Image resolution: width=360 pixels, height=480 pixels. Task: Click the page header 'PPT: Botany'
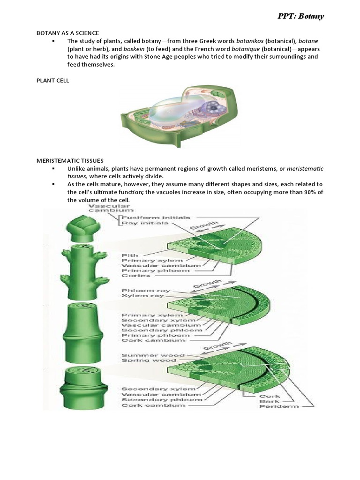click(300, 17)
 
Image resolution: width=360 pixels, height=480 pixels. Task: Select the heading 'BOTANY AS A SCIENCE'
click(68, 33)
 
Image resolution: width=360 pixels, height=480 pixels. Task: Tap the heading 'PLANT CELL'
click(53, 81)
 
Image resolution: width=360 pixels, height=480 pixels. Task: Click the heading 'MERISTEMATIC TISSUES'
click(70, 160)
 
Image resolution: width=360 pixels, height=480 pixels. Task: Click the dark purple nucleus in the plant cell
click(214, 108)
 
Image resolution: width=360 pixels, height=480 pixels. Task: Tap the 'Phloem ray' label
click(140, 291)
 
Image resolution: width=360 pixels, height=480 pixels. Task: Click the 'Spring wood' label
click(142, 361)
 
